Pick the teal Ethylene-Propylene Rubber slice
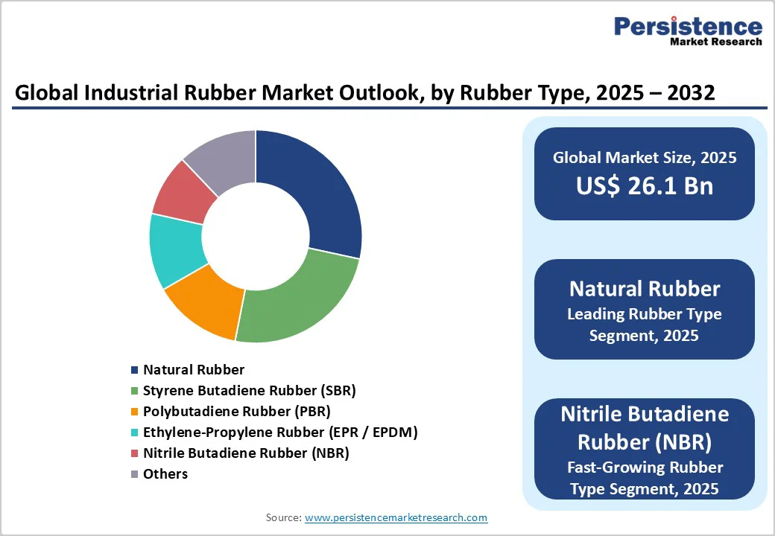(175, 249)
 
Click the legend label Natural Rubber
(194, 369)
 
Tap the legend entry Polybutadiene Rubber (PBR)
(237, 411)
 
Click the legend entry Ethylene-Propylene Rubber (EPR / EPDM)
(280, 432)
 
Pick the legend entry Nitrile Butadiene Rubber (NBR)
(246, 453)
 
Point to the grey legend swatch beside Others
(134, 474)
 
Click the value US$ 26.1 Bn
(644, 185)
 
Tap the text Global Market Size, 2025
(644, 158)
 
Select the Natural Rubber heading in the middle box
(644, 289)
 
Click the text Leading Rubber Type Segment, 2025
(644, 325)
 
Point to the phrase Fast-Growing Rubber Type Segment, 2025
(644, 478)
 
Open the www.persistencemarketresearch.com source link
(396, 517)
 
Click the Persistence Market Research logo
(687, 31)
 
